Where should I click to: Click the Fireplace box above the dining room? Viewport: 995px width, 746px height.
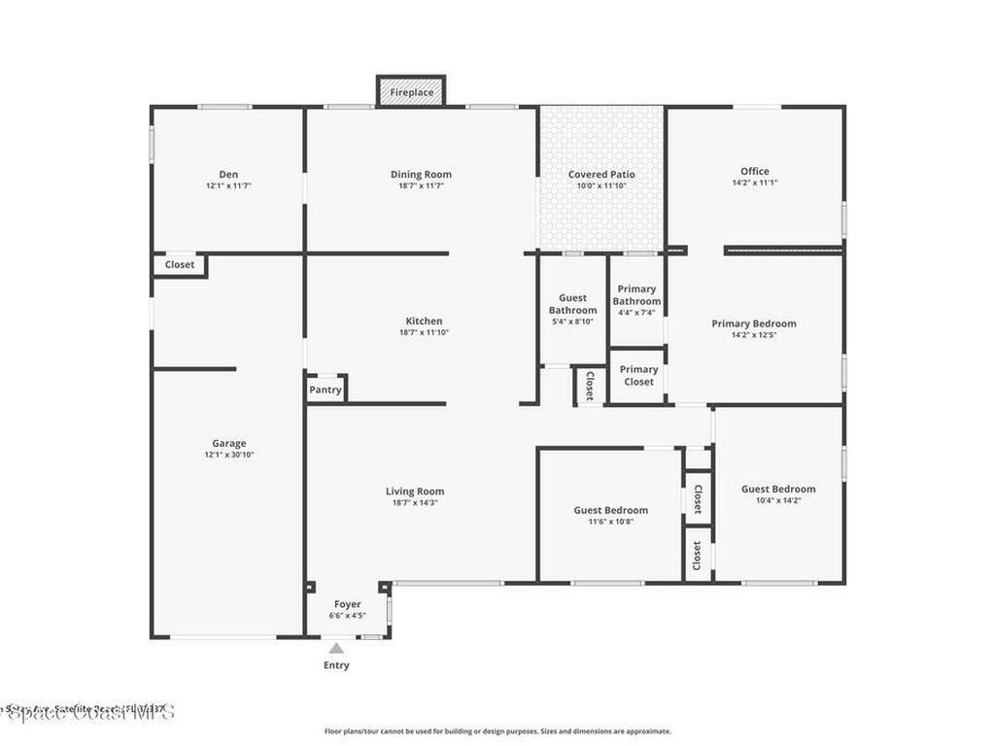tap(411, 92)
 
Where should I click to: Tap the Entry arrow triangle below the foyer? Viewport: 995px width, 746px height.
tap(335, 648)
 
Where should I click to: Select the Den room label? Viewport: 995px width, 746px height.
tap(228, 175)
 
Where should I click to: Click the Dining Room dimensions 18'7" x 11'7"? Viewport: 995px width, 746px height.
tap(421, 186)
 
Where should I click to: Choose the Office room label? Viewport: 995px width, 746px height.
tap(754, 172)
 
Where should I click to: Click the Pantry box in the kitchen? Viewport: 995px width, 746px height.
tap(326, 390)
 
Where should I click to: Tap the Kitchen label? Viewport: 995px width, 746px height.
tap(424, 322)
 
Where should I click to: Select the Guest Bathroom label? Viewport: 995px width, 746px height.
tap(572, 304)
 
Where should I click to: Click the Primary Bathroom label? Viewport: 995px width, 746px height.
tap(636, 295)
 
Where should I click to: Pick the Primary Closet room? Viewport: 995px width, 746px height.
tap(638, 376)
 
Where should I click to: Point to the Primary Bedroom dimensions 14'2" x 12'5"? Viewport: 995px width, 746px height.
tap(754, 335)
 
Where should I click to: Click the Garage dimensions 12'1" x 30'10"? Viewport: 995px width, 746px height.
tap(229, 455)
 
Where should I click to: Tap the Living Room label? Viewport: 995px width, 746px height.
tap(414, 492)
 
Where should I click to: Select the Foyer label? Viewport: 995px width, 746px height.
tap(347, 604)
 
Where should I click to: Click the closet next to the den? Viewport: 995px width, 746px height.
tap(180, 264)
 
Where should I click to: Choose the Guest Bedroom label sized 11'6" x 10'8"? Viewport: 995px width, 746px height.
tap(610, 510)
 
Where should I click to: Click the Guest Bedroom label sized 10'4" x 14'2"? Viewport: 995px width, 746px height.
tap(778, 490)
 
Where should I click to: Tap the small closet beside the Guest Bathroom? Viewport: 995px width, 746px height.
tap(589, 387)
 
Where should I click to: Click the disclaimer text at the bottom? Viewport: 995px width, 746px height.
tap(497, 731)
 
